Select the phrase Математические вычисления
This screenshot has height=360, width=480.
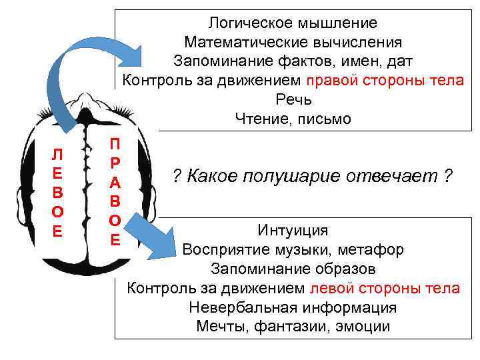pyautogui.click(x=293, y=43)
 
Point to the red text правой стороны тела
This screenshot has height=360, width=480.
pyautogui.click(x=385, y=81)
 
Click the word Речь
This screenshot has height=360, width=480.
pyautogui.click(x=293, y=100)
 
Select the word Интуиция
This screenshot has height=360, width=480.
pyautogui.click(x=293, y=231)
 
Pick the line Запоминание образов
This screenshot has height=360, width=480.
pyautogui.click(x=293, y=269)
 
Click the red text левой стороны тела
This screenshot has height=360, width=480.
pyautogui.click(x=385, y=288)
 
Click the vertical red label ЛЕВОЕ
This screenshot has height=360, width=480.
pyautogui.click(x=57, y=193)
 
